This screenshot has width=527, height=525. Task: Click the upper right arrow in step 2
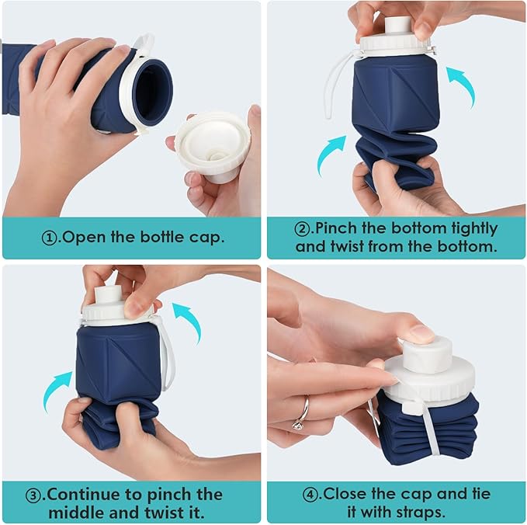(x=462, y=84)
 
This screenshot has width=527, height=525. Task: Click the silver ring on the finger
(x=300, y=412)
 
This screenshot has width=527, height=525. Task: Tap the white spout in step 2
(x=397, y=25)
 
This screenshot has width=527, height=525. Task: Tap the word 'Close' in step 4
(x=345, y=493)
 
